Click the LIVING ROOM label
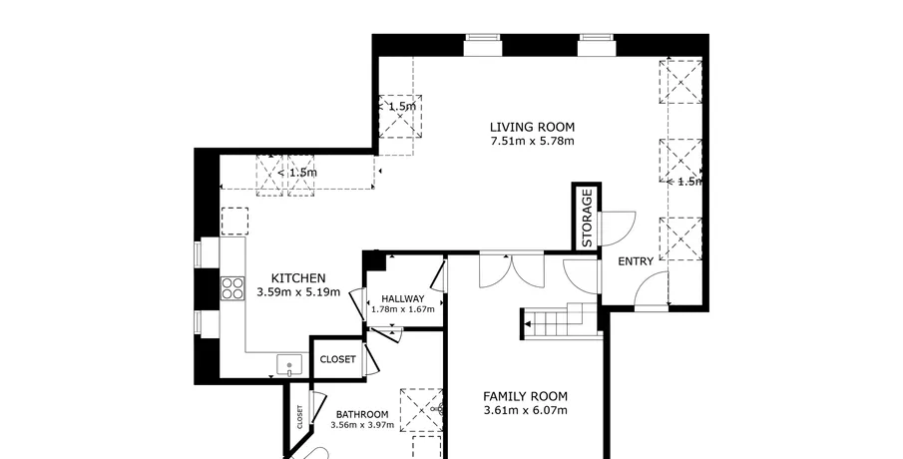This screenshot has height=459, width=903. point(532,128)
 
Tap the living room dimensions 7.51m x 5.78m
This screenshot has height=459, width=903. point(532,141)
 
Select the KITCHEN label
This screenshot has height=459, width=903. point(298,278)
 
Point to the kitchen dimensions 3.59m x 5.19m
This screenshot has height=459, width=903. point(298,292)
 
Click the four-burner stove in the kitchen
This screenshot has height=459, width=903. point(232,288)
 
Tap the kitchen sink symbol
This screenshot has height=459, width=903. point(289,365)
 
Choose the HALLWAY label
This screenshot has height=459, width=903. point(402,299)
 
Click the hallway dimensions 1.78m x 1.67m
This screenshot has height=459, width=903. point(402,309)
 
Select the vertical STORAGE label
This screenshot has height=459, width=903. point(587,219)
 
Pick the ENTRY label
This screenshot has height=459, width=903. point(636,261)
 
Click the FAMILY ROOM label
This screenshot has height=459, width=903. point(525,396)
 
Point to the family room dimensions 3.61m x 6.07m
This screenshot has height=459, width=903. point(525,411)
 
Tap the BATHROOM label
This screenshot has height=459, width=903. point(362,415)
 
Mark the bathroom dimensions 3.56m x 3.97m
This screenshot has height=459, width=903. point(362,426)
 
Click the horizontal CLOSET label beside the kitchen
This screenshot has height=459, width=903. point(337,359)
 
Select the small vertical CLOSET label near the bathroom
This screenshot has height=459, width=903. point(299,417)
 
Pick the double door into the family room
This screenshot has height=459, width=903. point(512,269)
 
